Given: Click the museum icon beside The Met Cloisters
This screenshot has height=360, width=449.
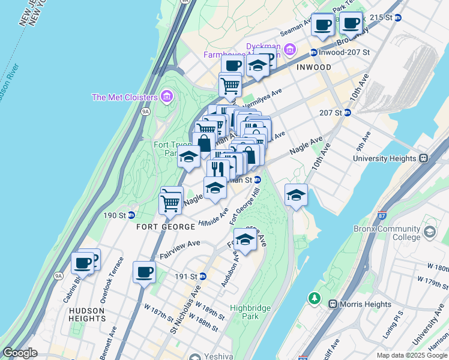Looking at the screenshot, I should pos(167,97).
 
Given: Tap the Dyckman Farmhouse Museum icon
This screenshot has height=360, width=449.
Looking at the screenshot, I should pos(291,49).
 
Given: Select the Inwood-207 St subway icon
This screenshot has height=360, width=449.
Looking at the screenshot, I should pos(313,52).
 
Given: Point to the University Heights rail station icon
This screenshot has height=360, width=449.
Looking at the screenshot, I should pos(423,158).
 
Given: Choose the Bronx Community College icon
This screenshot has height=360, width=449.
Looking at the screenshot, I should pos(429,232).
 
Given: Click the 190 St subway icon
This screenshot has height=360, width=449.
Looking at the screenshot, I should pos(131,215).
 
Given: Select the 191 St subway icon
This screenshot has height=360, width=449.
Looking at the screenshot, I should pos(203,276).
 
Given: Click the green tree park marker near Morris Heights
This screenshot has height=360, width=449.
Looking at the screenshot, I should pos(314,298).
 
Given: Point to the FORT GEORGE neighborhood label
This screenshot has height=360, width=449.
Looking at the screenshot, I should pos(166,227).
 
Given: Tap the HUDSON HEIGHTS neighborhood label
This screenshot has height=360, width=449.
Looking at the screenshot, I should pos(87,314).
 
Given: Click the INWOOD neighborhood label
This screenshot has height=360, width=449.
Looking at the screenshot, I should pos(313,67).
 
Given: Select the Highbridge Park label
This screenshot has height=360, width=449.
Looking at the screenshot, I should pos(251,312).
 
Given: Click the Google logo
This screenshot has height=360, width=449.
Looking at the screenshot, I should pos(20,353).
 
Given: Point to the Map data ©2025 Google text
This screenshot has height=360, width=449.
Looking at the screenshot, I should pos(411,355).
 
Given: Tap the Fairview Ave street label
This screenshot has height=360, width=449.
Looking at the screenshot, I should pos(179,251).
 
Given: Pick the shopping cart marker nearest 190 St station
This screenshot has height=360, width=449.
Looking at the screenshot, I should pos(170,203).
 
